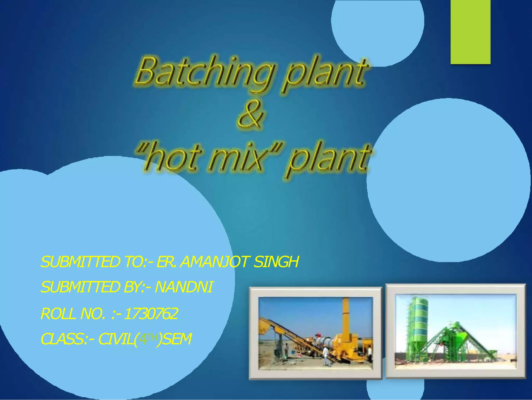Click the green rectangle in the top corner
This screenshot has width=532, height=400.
470,32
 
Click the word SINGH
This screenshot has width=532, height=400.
276,262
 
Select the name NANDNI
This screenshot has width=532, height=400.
184,287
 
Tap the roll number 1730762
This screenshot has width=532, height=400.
151,314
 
